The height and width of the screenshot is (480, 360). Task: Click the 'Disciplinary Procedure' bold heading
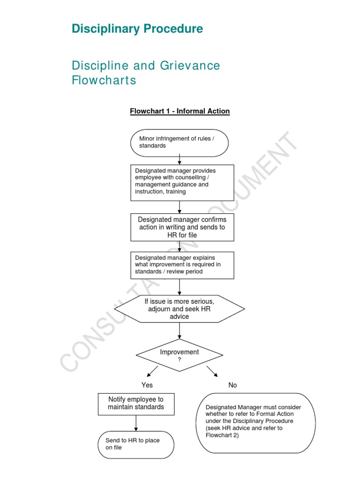[x=137, y=29]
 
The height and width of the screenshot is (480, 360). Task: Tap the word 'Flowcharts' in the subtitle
[x=104, y=80]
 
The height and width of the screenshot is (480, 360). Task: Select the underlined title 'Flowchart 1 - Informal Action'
[x=180, y=111]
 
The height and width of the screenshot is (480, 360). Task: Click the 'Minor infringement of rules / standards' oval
[x=179, y=142]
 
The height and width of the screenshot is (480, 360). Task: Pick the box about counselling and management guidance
[x=182, y=182]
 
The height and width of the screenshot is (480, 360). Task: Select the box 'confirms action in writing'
[x=182, y=227]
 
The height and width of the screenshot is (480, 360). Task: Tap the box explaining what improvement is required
[x=182, y=265]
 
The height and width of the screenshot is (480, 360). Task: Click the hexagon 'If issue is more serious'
[x=180, y=309]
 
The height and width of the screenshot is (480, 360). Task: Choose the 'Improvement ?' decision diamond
[x=180, y=355]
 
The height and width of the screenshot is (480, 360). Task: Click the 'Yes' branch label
[x=147, y=385]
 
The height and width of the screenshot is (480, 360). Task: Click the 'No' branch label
[x=232, y=385]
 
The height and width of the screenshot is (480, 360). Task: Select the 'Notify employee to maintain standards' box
[x=136, y=404]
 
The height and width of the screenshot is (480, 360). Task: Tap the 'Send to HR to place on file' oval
[x=136, y=444]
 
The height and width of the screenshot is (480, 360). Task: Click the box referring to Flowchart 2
[x=255, y=422]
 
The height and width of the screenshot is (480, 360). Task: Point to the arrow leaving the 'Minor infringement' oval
[x=180, y=160]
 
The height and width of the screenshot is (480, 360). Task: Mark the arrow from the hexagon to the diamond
[x=180, y=330]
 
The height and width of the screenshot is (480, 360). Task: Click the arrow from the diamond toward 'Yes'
[x=152, y=371]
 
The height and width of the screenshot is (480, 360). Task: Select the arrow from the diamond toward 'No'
[x=212, y=371]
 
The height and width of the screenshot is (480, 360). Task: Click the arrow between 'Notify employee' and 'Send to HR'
[x=136, y=423]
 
